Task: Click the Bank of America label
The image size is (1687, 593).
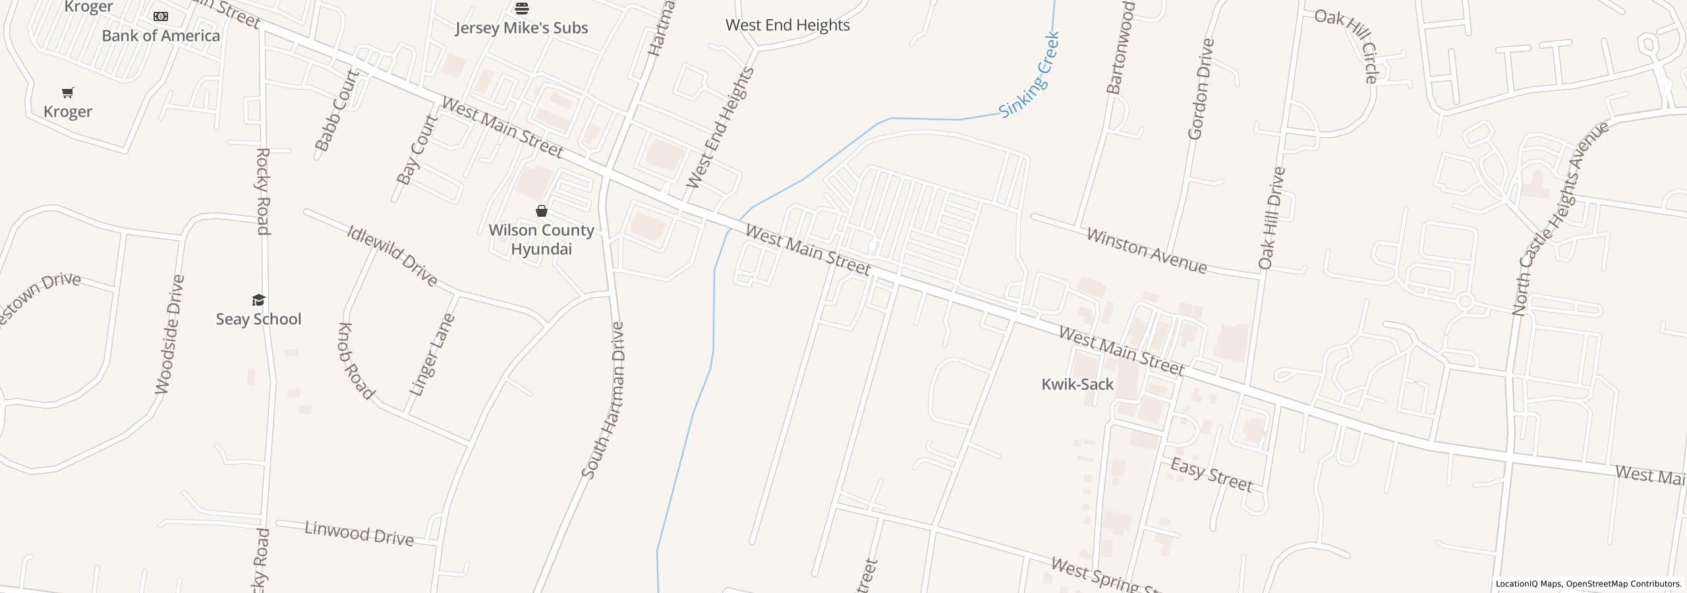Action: click(161, 36)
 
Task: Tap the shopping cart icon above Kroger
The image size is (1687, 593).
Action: click(68, 92)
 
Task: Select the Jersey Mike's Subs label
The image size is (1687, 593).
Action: click(521, 28)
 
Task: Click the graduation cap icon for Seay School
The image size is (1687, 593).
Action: click(258, 300)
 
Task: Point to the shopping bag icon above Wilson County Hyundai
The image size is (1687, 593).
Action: click(541, 211)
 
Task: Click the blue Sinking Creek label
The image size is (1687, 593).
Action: click(1029, 75)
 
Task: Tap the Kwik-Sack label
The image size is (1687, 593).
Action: click(1077, 384)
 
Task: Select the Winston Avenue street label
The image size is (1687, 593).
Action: click(1147, 251)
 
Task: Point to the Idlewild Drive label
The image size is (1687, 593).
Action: click(392, 256)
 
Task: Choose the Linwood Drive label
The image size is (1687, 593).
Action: click(359, 533)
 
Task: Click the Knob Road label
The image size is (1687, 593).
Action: click(356, 361)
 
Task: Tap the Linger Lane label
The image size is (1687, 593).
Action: click(432, 355)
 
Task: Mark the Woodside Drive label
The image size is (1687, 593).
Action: click(170, 335)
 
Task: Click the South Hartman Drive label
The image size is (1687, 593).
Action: click(602, 400)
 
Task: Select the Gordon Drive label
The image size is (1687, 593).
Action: click(1201, 89)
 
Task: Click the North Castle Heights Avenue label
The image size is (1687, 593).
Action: click(1560, 217)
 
